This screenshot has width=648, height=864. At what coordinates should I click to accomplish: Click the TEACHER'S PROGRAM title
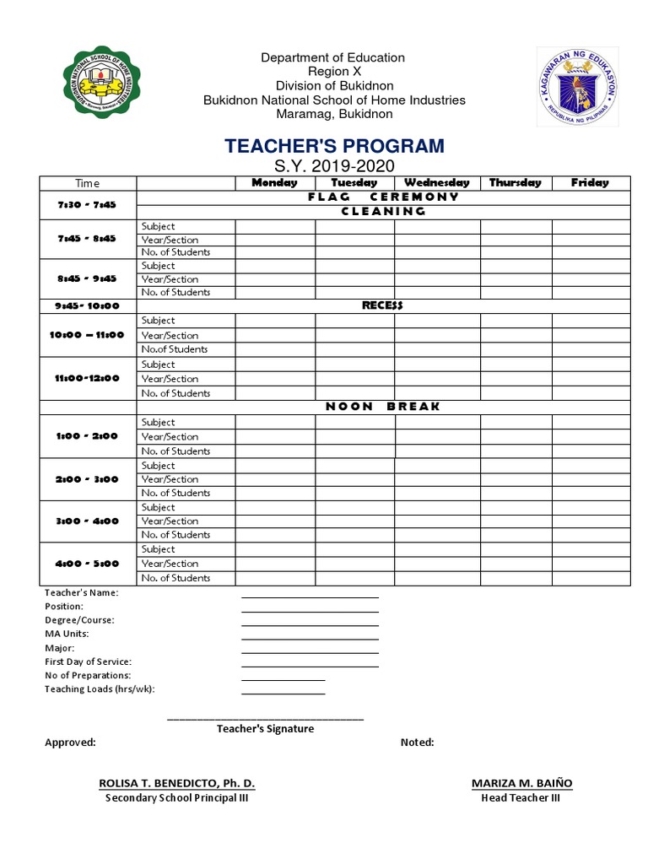[x=334, y=146]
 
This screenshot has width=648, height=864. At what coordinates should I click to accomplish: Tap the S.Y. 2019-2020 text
[x=334, y=166]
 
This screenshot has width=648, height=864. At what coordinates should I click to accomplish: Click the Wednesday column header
[x=436, y=182]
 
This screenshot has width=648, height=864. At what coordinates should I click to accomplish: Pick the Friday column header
[x=590, y=182]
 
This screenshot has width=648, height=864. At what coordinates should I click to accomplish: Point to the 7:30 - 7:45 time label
[x=87, y=204]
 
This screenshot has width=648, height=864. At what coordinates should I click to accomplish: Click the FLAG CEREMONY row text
[x=383, y=197]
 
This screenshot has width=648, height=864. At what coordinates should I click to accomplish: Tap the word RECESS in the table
[x=383, y=305]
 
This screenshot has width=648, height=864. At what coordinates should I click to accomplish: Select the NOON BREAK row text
[x=383, y=407]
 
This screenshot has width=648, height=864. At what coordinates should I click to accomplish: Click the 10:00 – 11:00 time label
[x=87, y=335]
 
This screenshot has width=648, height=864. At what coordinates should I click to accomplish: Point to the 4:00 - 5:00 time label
[x=87, y=564]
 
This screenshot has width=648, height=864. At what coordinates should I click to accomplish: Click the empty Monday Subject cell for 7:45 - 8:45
[x=275, y=226]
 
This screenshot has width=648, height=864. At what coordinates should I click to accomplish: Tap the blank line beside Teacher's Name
[x=310, y=596]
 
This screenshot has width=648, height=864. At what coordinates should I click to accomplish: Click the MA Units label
[x=67, y=634]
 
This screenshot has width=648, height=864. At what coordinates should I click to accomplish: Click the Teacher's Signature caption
[x=265, y=729]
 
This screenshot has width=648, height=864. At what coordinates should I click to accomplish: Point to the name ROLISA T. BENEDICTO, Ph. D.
[x=176, y=783]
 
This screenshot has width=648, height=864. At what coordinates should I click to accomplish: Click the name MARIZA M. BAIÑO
[x=521, y=783]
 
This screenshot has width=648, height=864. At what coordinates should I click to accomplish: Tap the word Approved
[x=70, y=742]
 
